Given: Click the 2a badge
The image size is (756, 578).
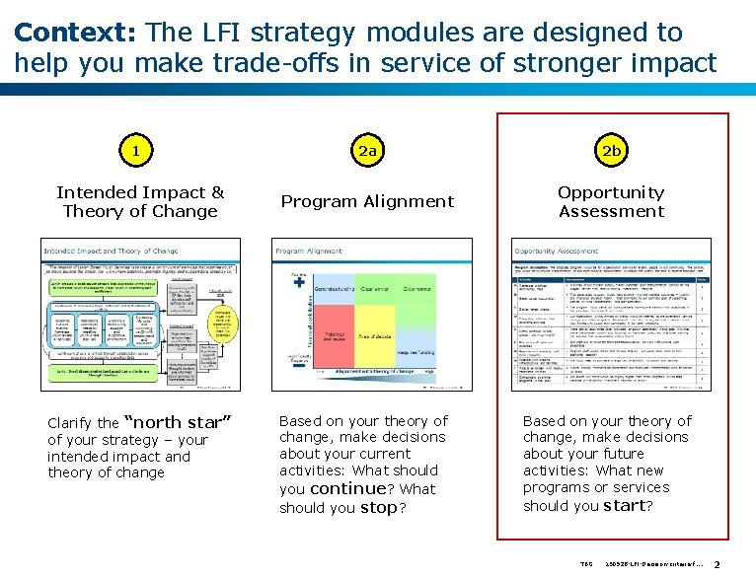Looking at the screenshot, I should click(x=368, y=151).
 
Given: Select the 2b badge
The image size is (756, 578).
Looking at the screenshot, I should click(x=611, y=151).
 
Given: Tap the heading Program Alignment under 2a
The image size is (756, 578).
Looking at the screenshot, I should click(x=367, y=201).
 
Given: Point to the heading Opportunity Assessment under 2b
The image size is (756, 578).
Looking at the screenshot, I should click(x=611, y=201).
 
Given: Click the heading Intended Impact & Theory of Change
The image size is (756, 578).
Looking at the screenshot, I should click(x=139, y=201).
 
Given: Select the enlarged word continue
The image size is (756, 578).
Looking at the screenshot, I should click(x=347, y=488).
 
